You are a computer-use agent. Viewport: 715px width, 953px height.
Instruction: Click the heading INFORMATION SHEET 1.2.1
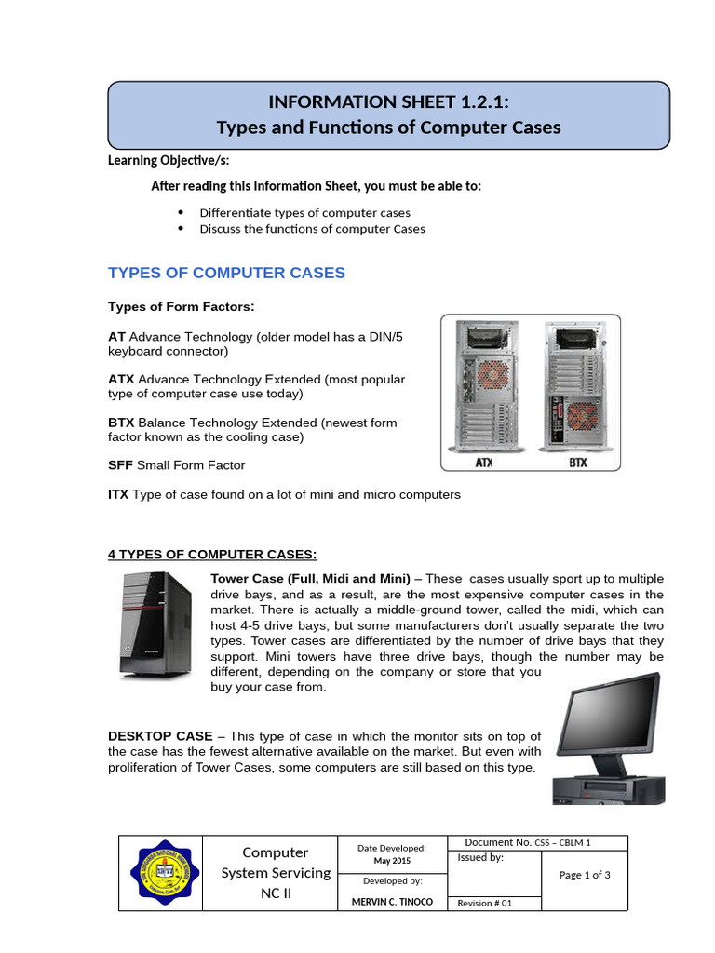tap(389, 101)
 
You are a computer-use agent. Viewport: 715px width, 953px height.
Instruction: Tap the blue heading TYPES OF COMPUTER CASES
tap(226, 273)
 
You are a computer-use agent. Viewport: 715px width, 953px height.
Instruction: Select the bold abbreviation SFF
tap(120, 464)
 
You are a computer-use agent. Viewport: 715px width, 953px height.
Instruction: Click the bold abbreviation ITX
tap(118, 494)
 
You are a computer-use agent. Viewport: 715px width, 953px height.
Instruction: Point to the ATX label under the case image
tap(484, 462)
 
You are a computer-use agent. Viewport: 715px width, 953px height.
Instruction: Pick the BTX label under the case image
tap(577, 462)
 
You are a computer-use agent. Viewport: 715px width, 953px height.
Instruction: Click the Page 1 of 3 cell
tap(584, 875)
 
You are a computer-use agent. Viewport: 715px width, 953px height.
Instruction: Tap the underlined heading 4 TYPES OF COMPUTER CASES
tap(212, 555)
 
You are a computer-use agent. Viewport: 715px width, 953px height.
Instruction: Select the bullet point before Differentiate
tap(180, 212)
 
